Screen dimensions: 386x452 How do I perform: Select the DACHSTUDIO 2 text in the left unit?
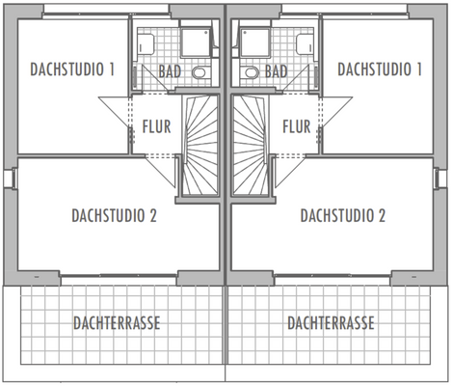click(114, 214)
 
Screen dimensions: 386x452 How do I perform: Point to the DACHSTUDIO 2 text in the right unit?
click(342, 214)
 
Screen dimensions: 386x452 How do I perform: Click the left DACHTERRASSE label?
click(117, 322)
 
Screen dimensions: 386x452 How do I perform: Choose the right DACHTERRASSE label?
click(331, 322)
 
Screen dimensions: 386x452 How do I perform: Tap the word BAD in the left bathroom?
click(171, 71)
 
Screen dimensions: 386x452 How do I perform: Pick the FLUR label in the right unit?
click(296, 126)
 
